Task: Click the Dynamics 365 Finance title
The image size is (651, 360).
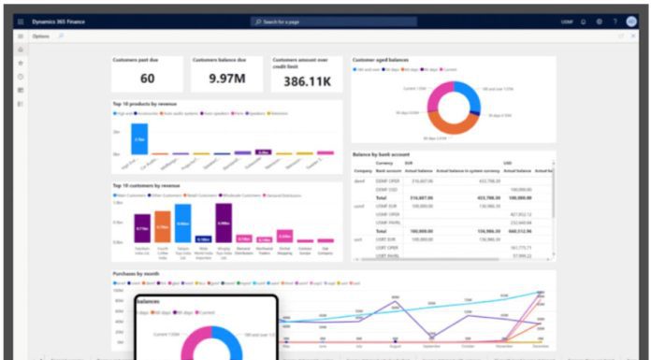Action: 58,21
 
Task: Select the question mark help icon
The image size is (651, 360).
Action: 615,21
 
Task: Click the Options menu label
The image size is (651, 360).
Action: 41,36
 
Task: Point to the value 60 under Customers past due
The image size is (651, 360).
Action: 148,79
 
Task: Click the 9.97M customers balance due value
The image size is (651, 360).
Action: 227,79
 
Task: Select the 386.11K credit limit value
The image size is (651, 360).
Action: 307,82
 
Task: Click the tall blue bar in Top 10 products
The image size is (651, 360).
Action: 139,137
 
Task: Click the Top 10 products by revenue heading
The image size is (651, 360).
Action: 145,103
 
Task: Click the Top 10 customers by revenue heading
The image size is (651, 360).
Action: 147,185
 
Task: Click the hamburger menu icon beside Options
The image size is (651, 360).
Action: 21,36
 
